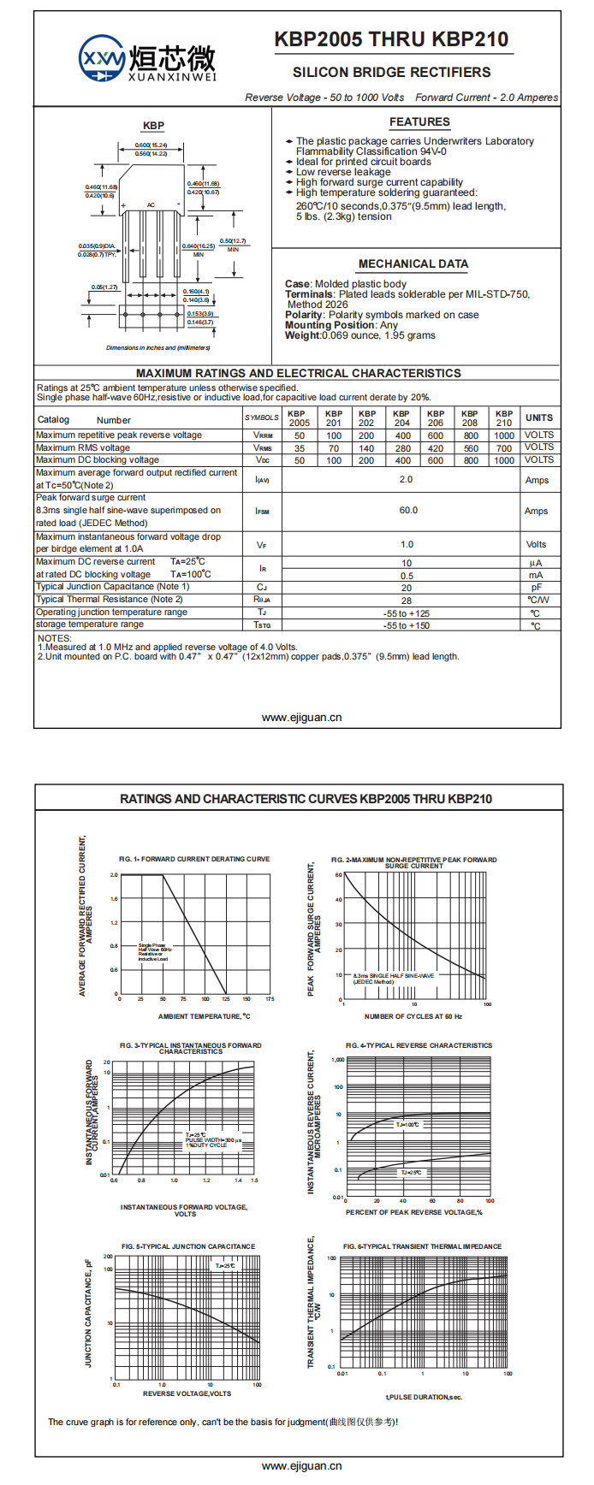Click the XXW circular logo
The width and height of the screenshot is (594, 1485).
pyautogui.click(x=102, y=58)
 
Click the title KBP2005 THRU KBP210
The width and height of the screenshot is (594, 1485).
pyautogui.click(x=391, y=39)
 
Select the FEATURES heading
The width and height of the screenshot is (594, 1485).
pyautogui.click(x=419, y=122)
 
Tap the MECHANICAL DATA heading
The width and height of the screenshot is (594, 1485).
pyautogui.click(x=413, y=264)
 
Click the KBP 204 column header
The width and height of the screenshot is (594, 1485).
pyautogui.click(x=401, y=418)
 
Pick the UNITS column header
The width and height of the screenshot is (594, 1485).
pyautogui.click(x=539, y=418)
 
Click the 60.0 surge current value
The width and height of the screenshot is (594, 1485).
pyautogui.click(x=408, y=511)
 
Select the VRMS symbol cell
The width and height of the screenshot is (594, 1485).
pyautogui.click(x=262, y=448)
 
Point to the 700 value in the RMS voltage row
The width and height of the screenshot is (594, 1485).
pyautogui.click(x=504, y=448)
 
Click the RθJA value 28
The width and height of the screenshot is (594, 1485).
pyautogui.click(x=407, y=601)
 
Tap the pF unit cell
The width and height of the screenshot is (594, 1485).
pyautogui.click(x=536, y=588)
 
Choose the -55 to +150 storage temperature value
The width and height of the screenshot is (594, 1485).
pyautogui.click(x=407, y=626)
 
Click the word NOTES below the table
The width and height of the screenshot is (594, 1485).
pyautogui.click(x=55, y=639)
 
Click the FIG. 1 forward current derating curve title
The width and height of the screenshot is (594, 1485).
pyautogui.click(x=194, y=859)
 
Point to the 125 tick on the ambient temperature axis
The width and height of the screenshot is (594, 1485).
pyautogui.click(x=225, y=999)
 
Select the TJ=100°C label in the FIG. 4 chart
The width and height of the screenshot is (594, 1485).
pyautogui.click(x=407, y=1125)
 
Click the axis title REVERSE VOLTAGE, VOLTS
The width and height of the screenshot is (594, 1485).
pyautogui.click(x=187, y=1393)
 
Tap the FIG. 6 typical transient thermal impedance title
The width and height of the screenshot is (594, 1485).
pyautogui.click(x=422, y=1246)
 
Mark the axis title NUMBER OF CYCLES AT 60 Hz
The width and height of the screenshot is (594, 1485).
pyautogui.click(x=413, y=1016)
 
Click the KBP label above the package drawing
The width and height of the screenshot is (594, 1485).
pyautogui.click(x=153, y=126)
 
